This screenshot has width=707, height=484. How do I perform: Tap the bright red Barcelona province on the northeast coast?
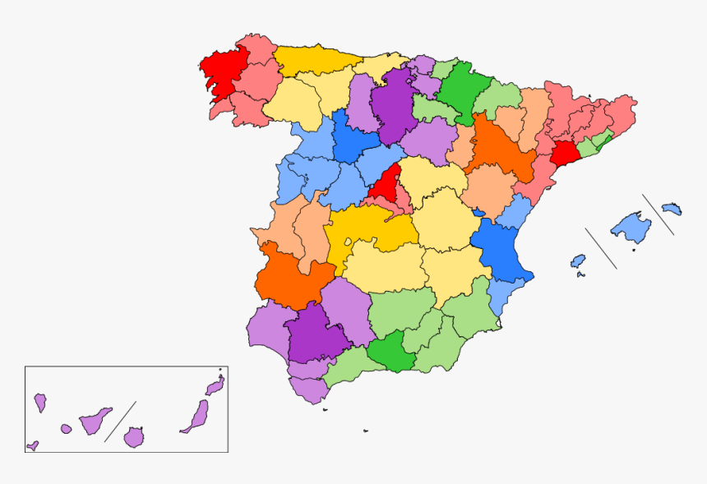click(566, 154)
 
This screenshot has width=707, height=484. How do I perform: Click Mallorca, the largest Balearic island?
click(631, 227)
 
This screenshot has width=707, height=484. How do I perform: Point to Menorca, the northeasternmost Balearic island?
click(672, 209)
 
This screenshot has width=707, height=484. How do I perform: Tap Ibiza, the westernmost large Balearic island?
click(579, 261)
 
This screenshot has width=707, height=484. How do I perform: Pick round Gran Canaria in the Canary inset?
click(134, 436)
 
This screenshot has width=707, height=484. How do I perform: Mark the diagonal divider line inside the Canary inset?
click(120, 422)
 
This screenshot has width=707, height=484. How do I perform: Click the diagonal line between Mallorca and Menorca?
click(658, 214)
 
